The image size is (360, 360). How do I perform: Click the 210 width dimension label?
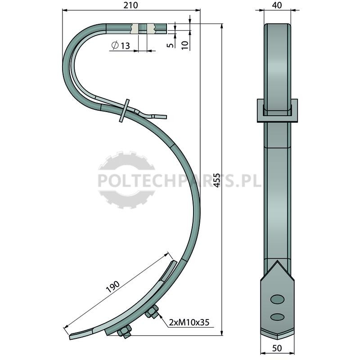(x=130, y=5)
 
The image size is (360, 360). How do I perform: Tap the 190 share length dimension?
(x=113, y=287)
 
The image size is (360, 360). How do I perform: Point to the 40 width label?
(x=277, y=5)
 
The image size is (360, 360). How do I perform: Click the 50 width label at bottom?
(x=277, y=348)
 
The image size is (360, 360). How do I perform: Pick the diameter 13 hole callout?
(x=121, y=45)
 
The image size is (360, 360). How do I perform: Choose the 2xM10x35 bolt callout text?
(x=189, y=322)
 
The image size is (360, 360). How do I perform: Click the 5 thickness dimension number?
(x=170, y=45)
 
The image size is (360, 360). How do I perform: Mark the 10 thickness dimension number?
(x=185, y=45)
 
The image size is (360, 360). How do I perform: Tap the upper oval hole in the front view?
(x=277, y=299)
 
